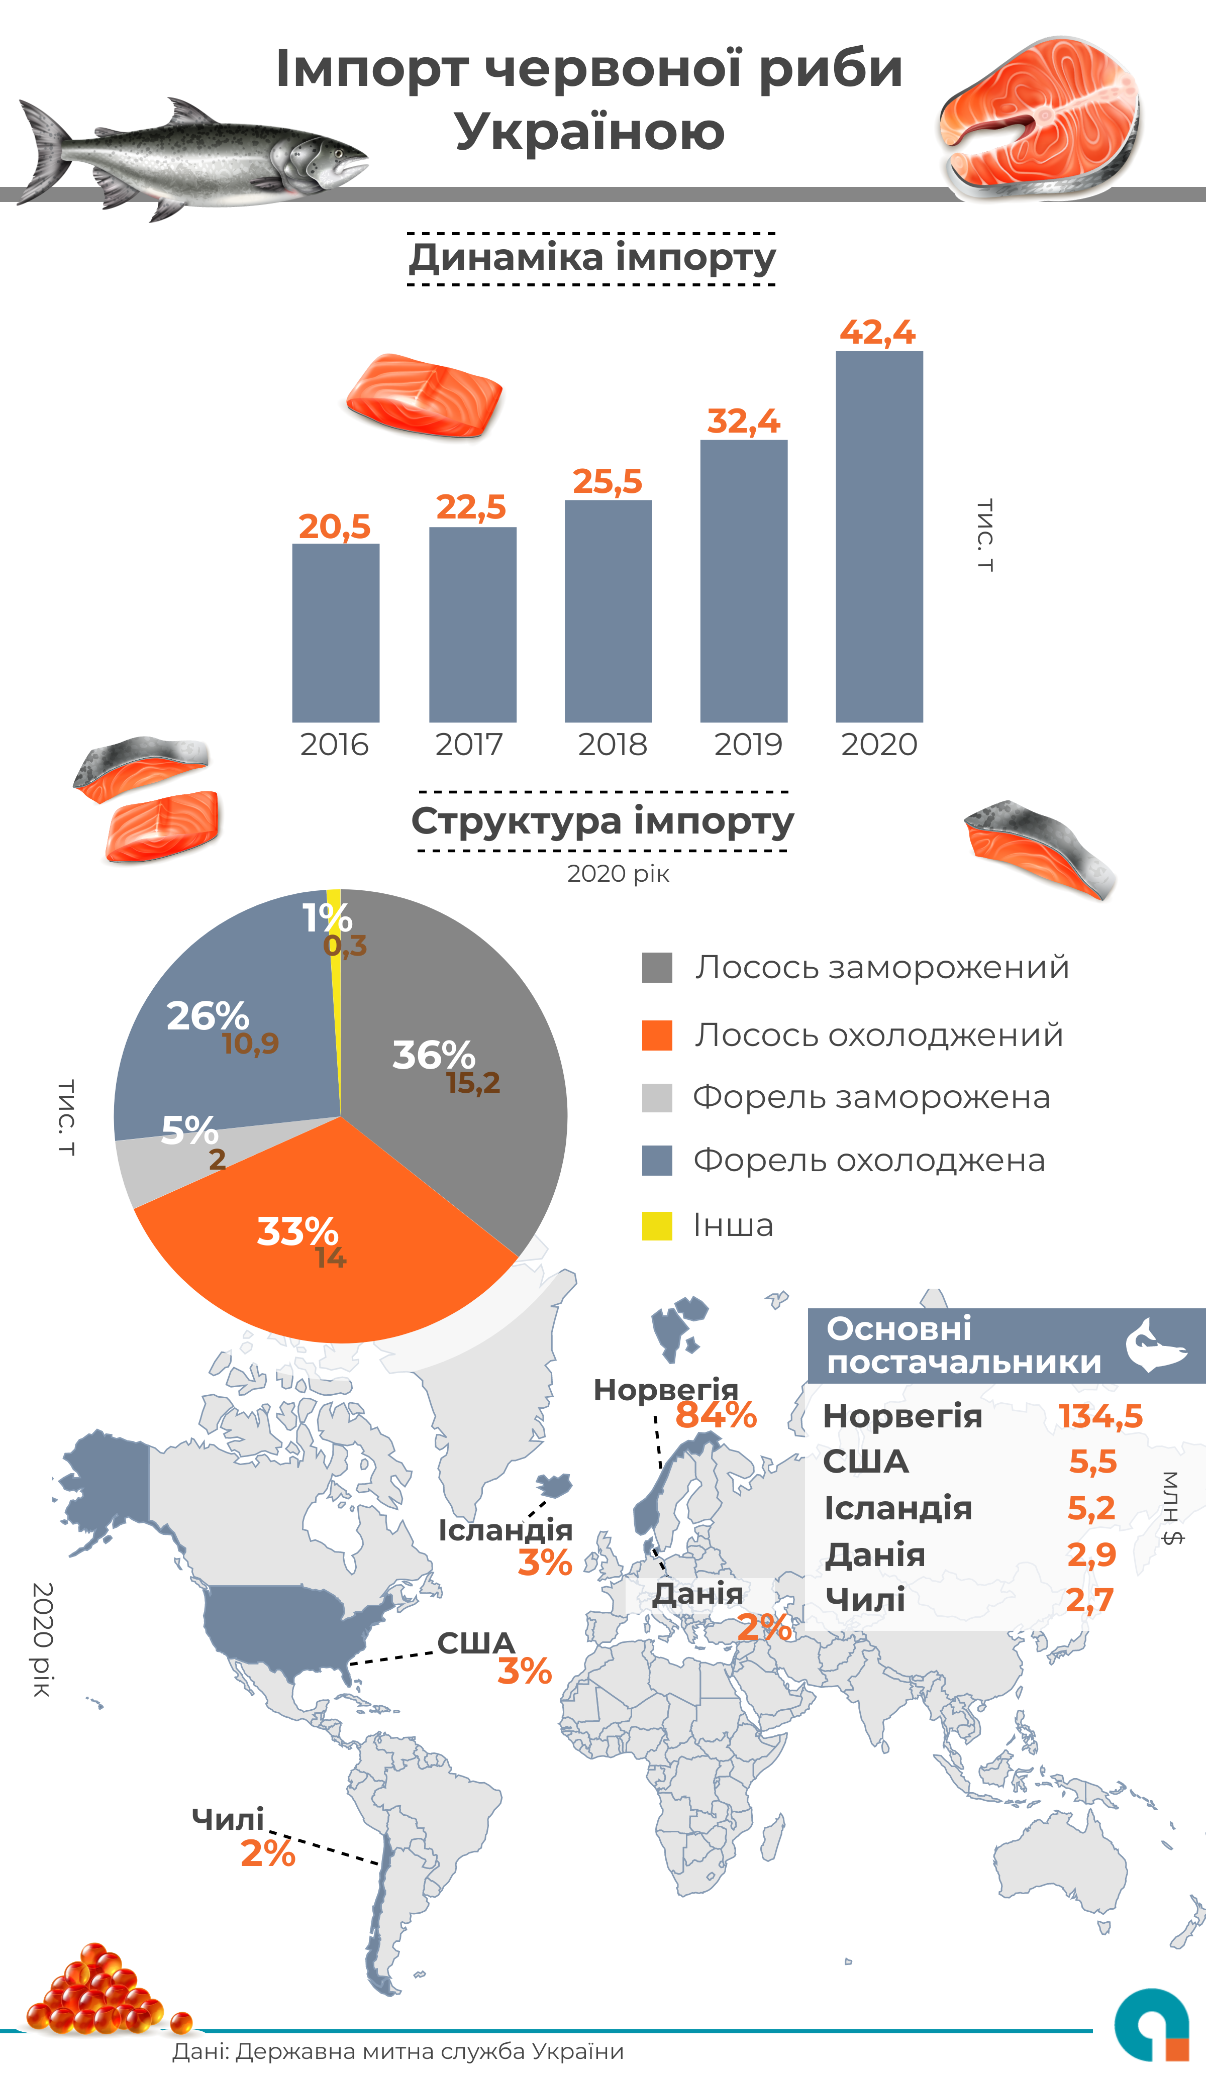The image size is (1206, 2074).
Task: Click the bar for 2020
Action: pos(879,537)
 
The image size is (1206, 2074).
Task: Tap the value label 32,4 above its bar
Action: pos(743,422)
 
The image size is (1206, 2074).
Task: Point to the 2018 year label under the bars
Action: pos(612,744)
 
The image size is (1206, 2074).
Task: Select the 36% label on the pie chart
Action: pos(433,1055)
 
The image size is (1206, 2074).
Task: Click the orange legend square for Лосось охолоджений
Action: pos(657,1035)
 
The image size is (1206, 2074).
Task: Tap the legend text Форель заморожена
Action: pos(871,1097)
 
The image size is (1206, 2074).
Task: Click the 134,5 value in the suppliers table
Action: pos(1100,1416)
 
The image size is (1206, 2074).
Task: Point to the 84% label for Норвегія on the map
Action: pos(716,1416)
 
